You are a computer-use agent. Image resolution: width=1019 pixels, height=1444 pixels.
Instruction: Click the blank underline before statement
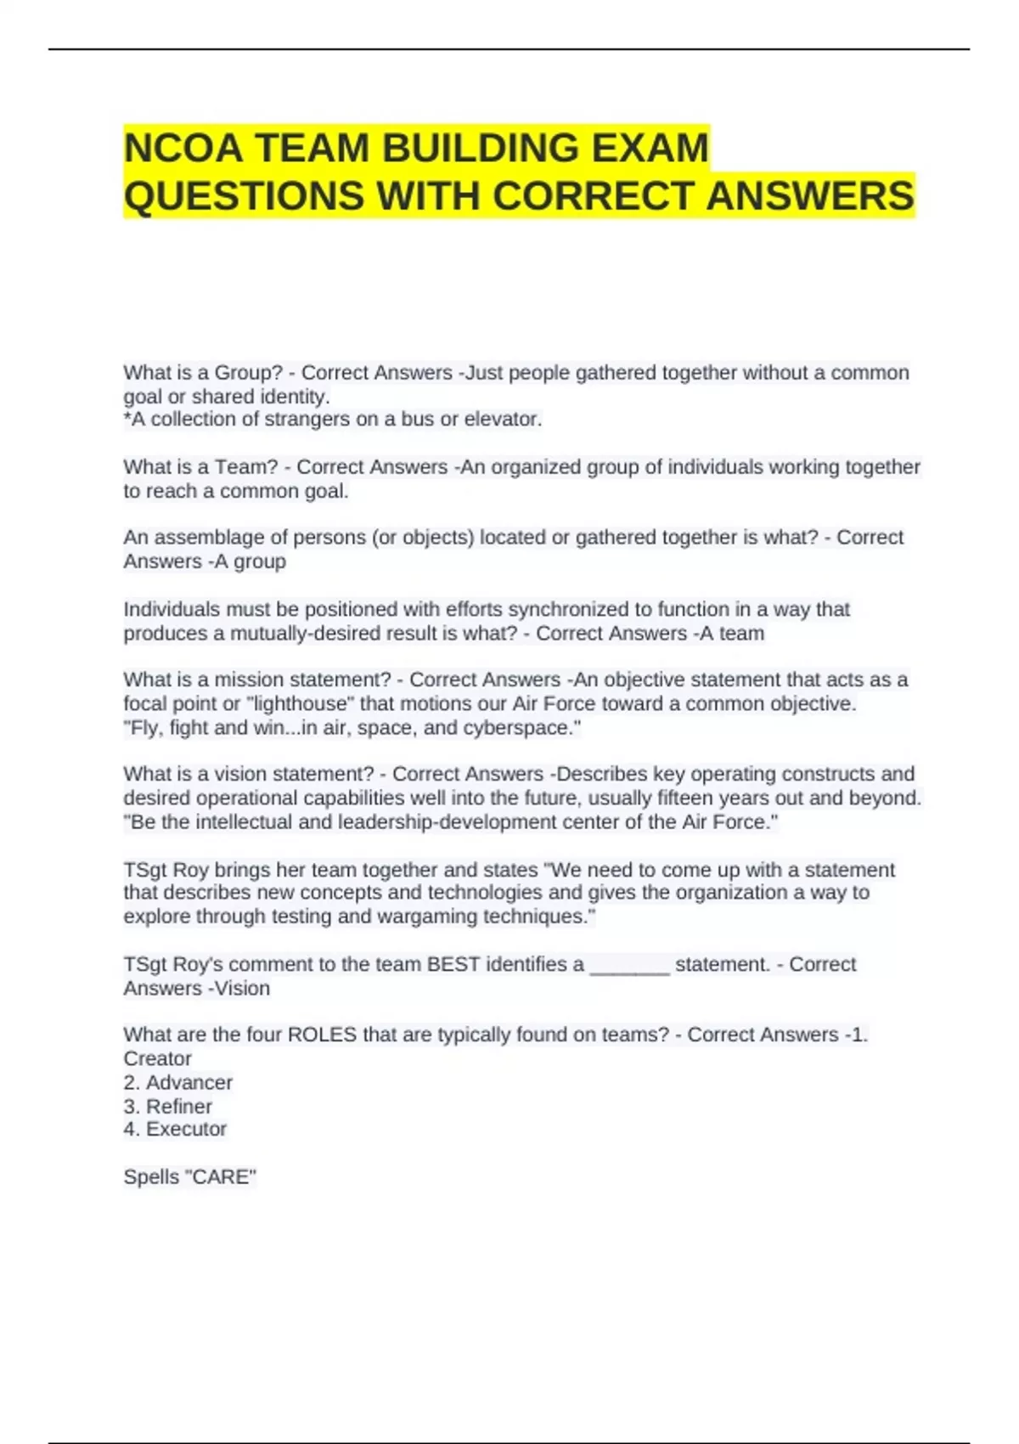pyautogui.click(x=629, y=966)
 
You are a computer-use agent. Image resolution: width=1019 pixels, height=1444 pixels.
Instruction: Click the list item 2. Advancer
pyautogui.click(x=178, y=1082)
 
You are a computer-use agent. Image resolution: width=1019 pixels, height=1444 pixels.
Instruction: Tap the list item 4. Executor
pyautogui.click(x=175, y=1129)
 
